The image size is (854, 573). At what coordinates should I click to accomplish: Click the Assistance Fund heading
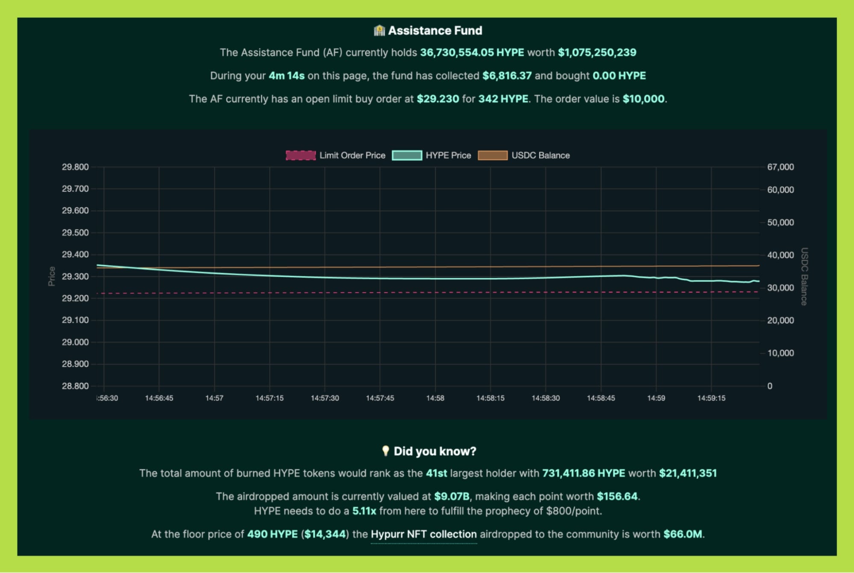tap(435, 31)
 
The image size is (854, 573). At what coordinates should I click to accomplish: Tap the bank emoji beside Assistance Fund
tap(379, 31)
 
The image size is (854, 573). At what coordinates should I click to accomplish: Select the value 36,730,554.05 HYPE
tap(472, 53)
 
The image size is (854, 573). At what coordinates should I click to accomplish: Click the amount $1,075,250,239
tap(597, 53)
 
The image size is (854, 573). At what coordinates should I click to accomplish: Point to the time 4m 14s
tap(286, 76)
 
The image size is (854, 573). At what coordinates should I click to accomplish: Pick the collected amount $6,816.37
tap(507, 76)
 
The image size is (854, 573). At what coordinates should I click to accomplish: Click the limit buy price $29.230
tap(437, 99)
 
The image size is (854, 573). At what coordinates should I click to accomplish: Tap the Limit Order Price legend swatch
tap(300, 155)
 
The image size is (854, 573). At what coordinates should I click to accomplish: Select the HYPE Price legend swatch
tap(407, 155)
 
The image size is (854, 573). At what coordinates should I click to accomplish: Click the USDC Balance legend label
tap(540, 155)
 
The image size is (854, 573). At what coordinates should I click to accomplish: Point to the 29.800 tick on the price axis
tap(75, 167)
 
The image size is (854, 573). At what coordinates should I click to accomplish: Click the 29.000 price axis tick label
tap(75, 342)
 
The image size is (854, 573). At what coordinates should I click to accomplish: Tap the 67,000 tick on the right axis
tap(780, 167)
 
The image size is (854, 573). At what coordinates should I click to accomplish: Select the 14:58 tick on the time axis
tap(435, 398)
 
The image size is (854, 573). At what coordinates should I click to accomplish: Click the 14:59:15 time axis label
tap(711, 398)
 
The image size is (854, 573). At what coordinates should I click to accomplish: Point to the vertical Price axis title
tap(52, 276)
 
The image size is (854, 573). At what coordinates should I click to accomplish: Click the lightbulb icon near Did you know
tap(385, 451)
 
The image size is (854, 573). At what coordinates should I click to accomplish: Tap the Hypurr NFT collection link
tap(423, 534)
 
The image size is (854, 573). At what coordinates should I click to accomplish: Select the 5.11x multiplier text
tap(364, 511)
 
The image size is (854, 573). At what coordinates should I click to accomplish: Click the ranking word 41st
tap(436, 474)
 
